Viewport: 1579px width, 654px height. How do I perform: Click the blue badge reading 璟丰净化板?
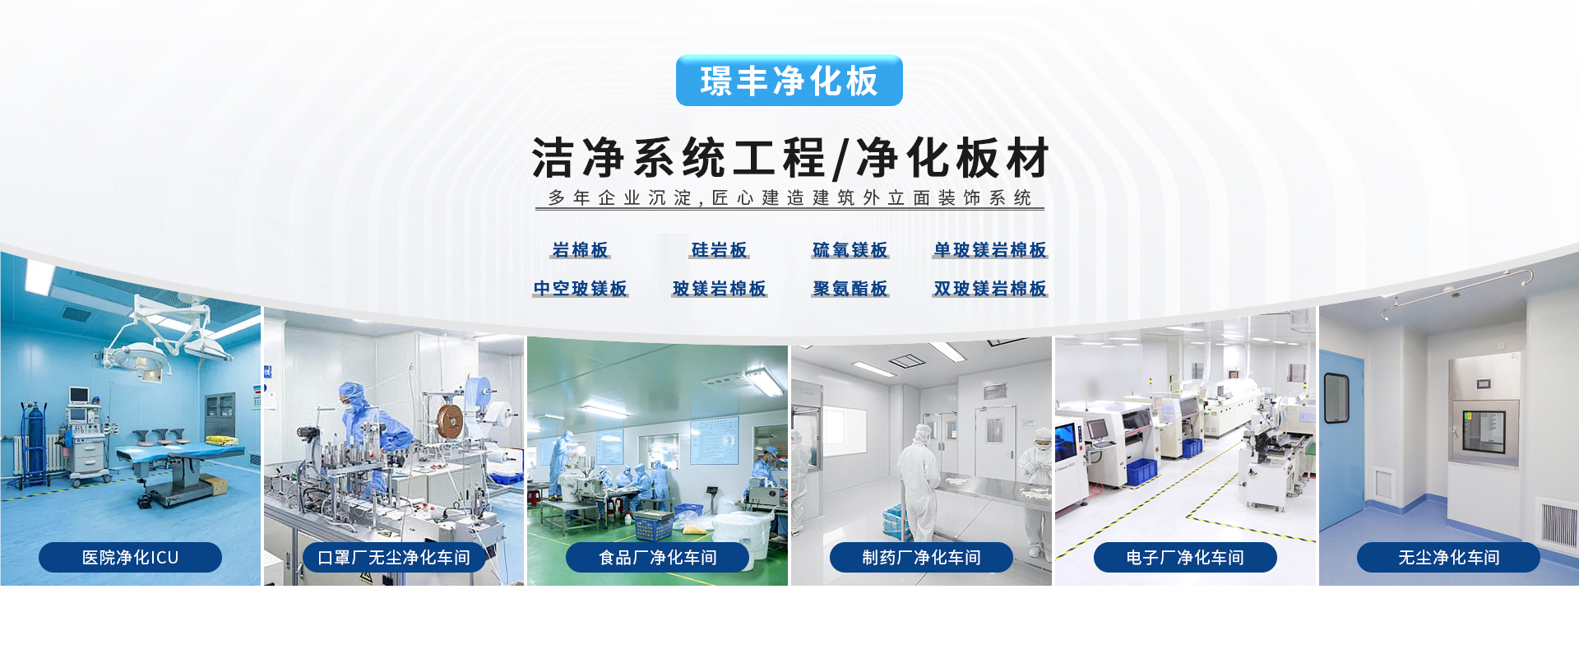click(x=789, y=81)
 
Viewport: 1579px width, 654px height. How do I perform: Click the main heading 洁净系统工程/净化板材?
click(x=790, y=158)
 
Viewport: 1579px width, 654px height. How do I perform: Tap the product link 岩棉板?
click(x=580, y=250)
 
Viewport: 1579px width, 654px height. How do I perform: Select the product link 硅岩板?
click(x=720, y=250)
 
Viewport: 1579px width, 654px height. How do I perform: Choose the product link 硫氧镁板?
click(x=850, y=250)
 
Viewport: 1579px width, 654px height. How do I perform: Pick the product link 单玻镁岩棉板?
click(x=990, y=250)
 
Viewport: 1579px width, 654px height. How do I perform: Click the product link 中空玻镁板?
click(x=580, y=289)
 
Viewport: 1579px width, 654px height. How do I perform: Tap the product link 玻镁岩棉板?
click(x=720, y=289)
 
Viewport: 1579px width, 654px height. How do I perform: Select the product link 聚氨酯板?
click(x=850, y=289)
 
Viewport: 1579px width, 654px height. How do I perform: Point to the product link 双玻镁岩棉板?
click(x=990, y=289)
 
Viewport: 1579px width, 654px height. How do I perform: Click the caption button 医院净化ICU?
click(x=130, y=558)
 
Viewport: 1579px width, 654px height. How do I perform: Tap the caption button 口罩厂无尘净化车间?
click(x=394, y=558)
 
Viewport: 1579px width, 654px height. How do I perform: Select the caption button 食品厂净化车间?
click(x=658, y=558)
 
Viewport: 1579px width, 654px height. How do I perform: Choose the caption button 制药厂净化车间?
click(x=921, y=558)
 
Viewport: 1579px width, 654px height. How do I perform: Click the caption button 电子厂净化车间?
click(x=1185, y=558)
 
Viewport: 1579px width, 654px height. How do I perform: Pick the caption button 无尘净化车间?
click(x=1448, y=558)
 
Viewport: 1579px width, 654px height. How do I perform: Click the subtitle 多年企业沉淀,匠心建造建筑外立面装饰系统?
click(x=789, y=198)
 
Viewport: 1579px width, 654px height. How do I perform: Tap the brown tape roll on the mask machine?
click(x=450, y=421)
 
